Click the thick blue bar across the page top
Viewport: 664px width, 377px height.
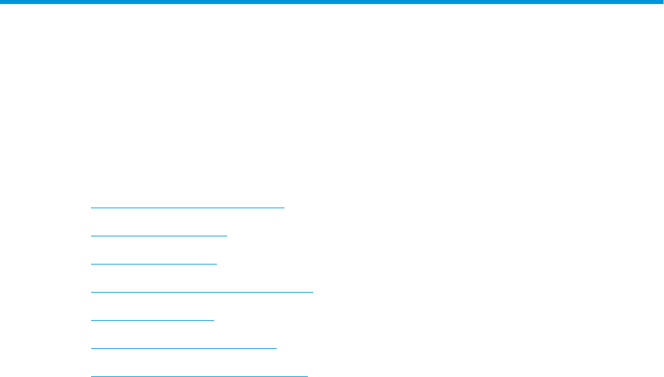coord(332,2)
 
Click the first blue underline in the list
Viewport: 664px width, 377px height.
coord(187,208)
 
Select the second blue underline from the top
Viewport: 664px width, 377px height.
coord(159,236)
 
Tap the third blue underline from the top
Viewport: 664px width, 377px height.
coord(154,264)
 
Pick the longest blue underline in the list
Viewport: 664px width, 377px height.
coord(201,292)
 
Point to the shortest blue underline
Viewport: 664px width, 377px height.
coord(152,320)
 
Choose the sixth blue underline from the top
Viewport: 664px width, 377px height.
coord(183,348)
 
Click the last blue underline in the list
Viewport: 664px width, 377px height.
coord(199,376)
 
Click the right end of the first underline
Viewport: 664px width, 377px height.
coord(284,208)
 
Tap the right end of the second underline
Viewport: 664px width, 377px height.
coord(227,236)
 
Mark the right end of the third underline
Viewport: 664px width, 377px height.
coord(217,264)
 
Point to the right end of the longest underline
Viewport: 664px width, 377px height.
coord(313,292)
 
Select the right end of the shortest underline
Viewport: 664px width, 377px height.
coord(214,320)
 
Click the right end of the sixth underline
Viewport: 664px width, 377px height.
coord(276,348)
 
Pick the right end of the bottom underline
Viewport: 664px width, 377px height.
coord(307,376)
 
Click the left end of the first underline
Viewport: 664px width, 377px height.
coord(91,208)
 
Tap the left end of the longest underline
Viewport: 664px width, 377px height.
coord(91,292)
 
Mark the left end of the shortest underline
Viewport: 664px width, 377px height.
coord(91,320)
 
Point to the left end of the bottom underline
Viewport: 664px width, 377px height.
coord(91,376)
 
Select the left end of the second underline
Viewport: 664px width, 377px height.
coord(91,236)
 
